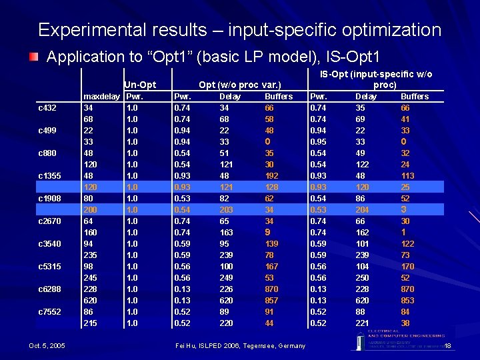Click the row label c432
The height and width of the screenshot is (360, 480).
[x=47, y=107]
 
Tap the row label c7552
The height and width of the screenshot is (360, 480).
[x=49, y=311]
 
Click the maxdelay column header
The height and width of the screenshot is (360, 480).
[x=101, y=96]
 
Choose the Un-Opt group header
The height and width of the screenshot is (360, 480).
[x=140, y=85]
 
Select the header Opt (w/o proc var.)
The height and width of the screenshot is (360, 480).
[x=239, y=85]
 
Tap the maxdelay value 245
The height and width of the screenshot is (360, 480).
[x=90, y=277]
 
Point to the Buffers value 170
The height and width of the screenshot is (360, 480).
[x=407, y=266]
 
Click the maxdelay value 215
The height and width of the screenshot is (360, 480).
[x=90, y=323]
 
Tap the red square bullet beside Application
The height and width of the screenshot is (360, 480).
[x=33, y=57]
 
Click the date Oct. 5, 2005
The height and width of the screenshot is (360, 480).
[x=47, y=345]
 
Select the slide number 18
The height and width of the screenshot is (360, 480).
[x=447, y=346]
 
